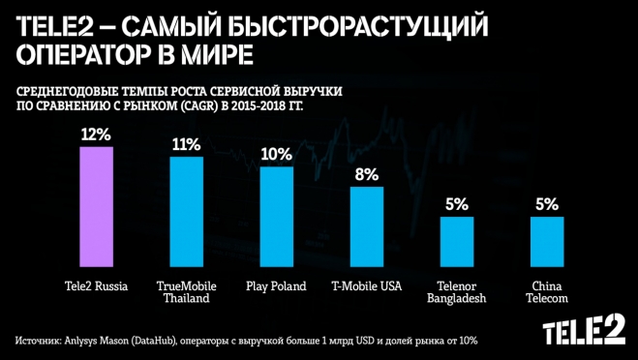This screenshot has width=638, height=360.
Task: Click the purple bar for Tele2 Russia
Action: (x=97, y=208)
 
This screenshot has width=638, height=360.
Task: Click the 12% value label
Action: (x=96, y=135)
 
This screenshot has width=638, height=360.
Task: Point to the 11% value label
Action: (x=186, y=144)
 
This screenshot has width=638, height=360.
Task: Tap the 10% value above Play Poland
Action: (x=276, y=153)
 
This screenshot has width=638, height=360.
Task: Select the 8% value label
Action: (x=366, y=174)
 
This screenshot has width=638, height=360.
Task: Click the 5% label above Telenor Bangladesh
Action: (x=457, y=204)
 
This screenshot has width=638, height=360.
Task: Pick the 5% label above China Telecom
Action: (x=547, y=204)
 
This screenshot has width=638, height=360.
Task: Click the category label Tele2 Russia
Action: (x=96, y=286)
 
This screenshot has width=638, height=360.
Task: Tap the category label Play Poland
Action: (x=276, y=286)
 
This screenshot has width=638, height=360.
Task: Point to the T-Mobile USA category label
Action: (x=366, y=286)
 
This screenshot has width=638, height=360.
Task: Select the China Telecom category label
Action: (x=547, y=292)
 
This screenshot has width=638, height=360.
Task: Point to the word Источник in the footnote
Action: (x=40, y=341)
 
